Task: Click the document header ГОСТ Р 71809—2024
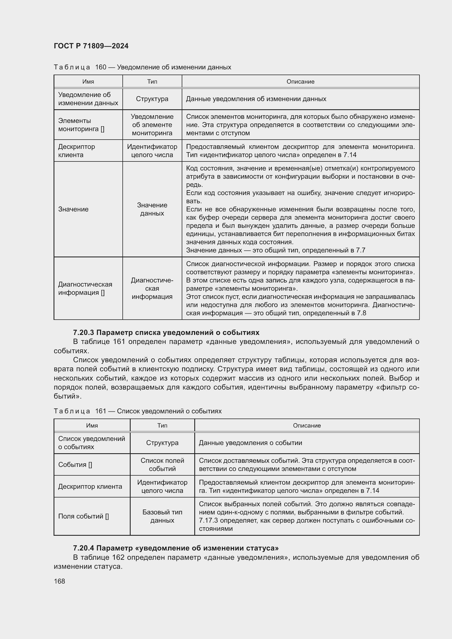pos(91,46)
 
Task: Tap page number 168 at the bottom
pos(59,581)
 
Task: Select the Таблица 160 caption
pos(142,67)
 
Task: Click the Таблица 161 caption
pos(137,411)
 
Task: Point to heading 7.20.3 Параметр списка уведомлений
pos(166,332)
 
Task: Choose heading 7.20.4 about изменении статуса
pos(176,548)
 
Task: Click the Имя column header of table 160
pos(88,81)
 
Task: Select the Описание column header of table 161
pos(307,426)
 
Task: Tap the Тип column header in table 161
pos(162,426)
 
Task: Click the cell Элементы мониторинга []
pos(81,125)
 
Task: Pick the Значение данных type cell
pos(152,209)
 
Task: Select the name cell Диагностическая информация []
pos(85,288)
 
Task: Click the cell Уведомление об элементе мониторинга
pos(152,125)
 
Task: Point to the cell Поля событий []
pos(84,516)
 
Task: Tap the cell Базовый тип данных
pos(162,516)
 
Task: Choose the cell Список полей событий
pos(162,464)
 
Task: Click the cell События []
pos(75,464)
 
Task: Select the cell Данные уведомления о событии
pos(250,443)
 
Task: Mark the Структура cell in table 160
pos(152,99)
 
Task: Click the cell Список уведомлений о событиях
pos(92,443)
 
